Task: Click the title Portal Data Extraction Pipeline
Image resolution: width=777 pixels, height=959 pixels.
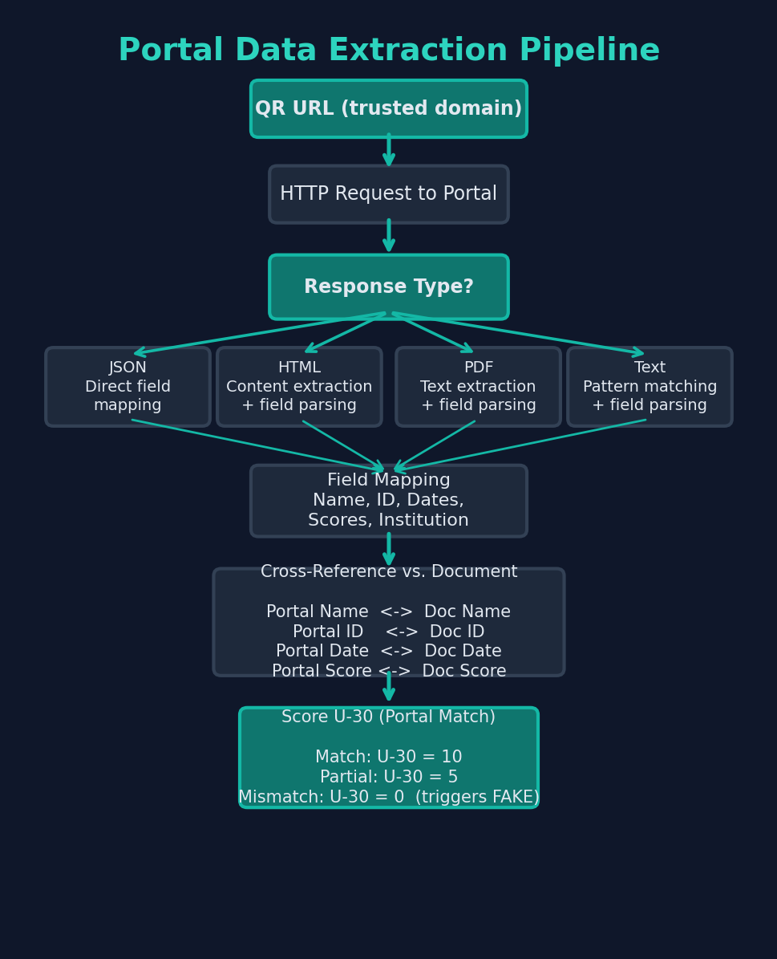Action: (x=389, y=51)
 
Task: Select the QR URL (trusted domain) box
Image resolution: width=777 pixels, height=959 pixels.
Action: (x=389, y=108)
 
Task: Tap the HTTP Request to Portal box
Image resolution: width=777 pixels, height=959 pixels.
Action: (x=389, y=194)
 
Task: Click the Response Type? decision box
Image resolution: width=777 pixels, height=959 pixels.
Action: (x=389, y=287)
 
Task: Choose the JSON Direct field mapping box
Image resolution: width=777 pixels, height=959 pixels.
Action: (x=128, y=387)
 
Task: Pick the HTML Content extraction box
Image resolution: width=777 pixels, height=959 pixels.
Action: (x=299, y=387)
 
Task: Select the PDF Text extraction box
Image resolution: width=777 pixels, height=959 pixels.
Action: (x=479, y=387)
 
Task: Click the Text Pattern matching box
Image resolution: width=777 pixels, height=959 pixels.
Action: (x=650, y=387)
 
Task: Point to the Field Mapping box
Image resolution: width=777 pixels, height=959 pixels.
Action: (x=389, y=501)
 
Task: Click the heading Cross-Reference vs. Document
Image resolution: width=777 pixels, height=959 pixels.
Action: (x=389, y=572)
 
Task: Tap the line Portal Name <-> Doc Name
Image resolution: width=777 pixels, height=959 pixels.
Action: (x=389, y=612)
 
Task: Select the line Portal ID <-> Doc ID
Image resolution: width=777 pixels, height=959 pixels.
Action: (x=389, y=632)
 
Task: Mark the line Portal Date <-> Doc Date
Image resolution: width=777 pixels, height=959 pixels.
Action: (x=389, y=652)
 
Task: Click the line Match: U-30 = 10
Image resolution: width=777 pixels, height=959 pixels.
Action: (x=389, y=758)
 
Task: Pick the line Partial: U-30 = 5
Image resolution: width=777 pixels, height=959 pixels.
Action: (x=389, y=778)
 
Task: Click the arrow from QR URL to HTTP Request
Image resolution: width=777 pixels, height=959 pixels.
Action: (x=389, y=151)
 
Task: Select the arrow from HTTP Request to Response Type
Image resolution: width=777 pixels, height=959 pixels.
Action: (x=389, y=238)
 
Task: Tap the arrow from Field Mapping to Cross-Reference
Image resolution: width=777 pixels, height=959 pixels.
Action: (x=389, y=551)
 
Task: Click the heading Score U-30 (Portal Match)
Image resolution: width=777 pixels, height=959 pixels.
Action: (x=389, y=717)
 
